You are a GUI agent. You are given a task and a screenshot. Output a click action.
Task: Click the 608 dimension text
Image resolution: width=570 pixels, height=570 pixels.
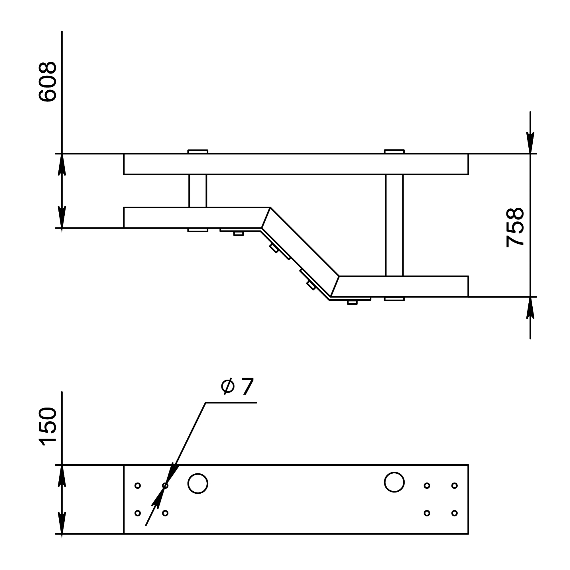click(48, 82)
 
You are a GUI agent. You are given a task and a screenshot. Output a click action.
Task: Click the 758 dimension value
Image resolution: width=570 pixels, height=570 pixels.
click(515, 227)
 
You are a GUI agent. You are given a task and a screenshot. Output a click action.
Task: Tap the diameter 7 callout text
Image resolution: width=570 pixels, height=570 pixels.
click(237, 386)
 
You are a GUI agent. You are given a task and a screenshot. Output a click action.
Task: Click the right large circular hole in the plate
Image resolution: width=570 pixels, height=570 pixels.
click(394, 482)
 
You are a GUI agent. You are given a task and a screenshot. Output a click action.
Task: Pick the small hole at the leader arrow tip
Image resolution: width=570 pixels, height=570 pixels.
click(165, 485)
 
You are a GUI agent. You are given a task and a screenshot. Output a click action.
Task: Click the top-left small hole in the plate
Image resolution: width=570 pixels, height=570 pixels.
click(137, 485)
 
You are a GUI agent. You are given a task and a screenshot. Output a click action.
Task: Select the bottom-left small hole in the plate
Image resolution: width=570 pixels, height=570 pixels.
click(137, 513)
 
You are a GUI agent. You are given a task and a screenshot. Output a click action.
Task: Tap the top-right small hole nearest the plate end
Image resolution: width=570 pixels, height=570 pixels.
click(454, 485)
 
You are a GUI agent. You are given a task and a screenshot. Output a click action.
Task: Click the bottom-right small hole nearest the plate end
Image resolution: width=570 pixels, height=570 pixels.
click(454, 513)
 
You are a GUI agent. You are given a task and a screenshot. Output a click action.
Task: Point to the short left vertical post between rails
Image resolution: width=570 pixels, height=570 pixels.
click(198, 191)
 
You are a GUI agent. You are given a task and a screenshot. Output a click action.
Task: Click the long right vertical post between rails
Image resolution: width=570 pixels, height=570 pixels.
click(394, 225)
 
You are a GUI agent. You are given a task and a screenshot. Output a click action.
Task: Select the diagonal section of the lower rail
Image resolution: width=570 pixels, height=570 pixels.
click(300, 252)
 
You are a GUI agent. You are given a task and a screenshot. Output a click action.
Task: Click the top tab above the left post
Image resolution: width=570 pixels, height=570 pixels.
click(198, 152)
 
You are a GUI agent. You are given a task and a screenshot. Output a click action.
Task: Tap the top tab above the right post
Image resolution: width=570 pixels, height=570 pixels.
click(394, 152)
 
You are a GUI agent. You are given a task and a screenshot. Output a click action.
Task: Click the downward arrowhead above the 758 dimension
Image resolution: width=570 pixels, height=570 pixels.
click(530, 142)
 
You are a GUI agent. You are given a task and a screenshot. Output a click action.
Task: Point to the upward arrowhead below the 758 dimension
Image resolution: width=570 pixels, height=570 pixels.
click(530, 308)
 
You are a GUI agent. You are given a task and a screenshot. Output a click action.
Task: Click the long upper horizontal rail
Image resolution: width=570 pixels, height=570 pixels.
click(296, 164)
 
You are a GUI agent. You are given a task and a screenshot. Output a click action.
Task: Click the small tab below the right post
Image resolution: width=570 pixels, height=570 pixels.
click(394, 299)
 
